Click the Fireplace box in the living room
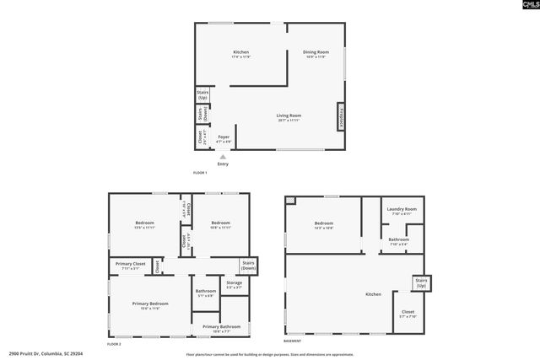(x=341, y=116)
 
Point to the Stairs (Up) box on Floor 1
(x=202, y=94)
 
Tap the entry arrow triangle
(x=223, y=156)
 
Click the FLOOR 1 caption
(x=200, y=172)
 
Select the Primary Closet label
(x=131, y=266)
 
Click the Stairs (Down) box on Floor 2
(x=248, y=266)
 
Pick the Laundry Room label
(x=402, y=211)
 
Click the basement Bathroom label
(x=399, y=241)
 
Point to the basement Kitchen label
(x=373, y=294)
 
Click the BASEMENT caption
(x=293, y=341)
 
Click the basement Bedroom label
(x=324, y=224)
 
